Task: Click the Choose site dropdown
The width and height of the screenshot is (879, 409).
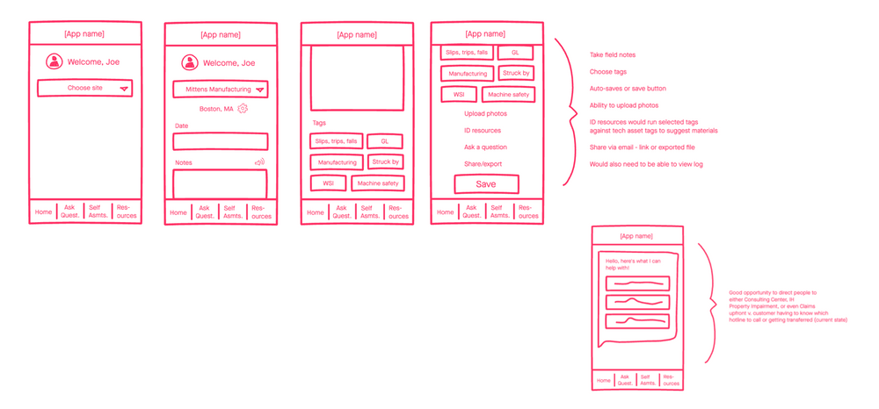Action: pos(84,88)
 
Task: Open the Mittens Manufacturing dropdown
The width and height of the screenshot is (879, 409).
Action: pos(220,89)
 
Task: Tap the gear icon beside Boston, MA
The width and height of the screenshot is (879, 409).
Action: pos(243,108)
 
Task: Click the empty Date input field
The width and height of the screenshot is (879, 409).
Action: pos(220,141)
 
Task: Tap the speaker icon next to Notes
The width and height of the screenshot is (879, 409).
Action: pos(259,161)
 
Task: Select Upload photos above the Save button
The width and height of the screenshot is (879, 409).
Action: pos(485,113)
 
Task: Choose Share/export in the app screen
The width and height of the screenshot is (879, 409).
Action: pos(483,164)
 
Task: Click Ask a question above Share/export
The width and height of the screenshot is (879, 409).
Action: pos(485,147)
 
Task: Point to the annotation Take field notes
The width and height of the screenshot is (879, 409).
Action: pos(612,55)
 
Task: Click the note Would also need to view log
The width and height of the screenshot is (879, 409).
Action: pos(633,164)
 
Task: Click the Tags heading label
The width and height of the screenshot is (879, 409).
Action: pos(319,123)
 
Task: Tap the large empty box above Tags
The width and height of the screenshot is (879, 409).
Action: pos(356,77)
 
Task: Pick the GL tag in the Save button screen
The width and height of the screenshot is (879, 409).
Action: pos(515,53)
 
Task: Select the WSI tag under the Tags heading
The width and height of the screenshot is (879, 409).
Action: pos(328,183)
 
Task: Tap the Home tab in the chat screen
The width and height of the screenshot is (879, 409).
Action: pos(603,380)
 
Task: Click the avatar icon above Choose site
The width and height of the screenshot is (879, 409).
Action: pos(54,61)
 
